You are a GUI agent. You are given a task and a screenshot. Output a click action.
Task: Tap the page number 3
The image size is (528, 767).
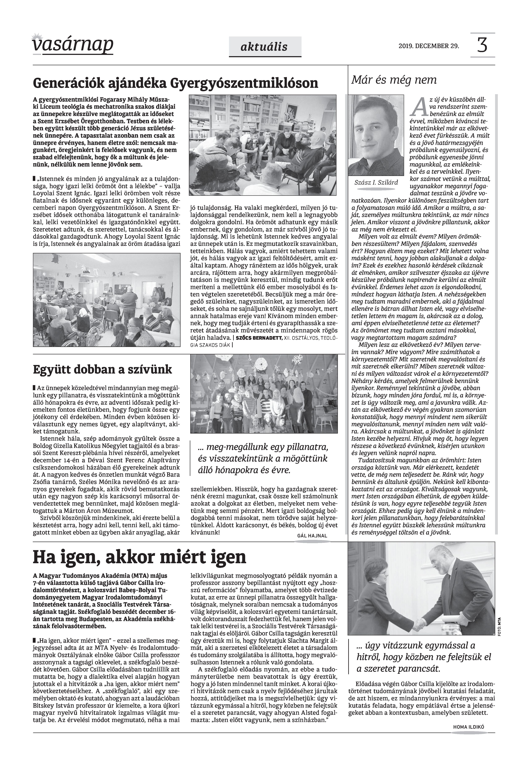[x=482, y=45]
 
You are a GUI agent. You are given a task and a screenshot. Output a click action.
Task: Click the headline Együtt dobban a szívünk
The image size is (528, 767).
[x=103, y=369]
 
